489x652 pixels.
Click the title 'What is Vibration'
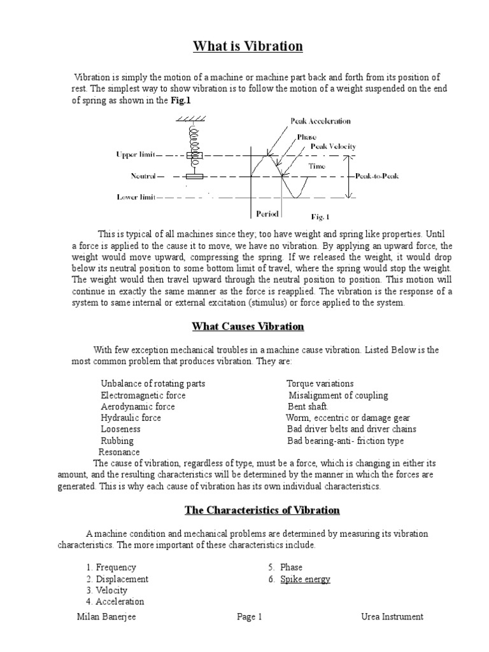pos(239,46)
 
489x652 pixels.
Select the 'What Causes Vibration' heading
pos(248,327)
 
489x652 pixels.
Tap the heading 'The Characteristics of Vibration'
pos(262,510)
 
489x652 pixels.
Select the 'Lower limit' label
pos(136,197)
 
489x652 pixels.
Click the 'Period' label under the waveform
pos(267,214)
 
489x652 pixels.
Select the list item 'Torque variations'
pos(320,384)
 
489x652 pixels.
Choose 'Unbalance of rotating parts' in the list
pos(153,384)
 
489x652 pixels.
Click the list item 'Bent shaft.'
pos(308,407)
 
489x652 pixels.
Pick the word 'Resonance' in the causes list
pos(119,452)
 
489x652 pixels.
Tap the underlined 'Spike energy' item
pos(305,579)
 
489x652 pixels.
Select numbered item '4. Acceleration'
pos(115,601)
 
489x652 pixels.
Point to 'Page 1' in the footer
pos(249,616)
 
